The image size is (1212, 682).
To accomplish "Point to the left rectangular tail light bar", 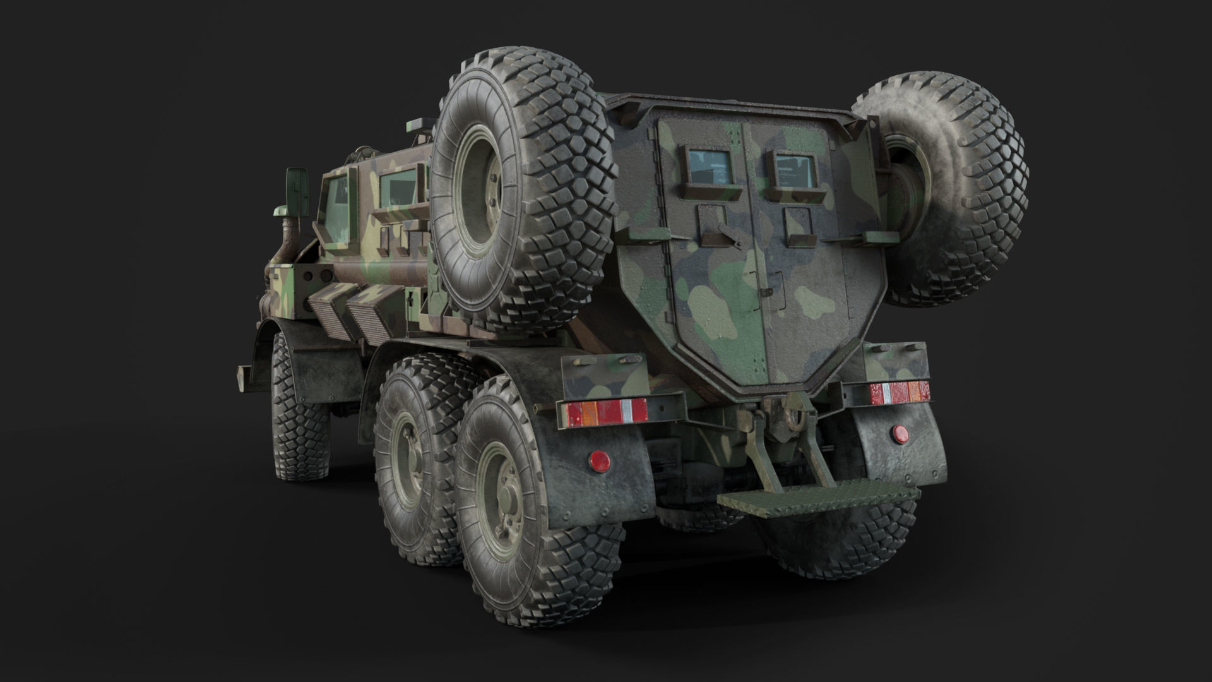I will pyautogui.click(x=603, y=412).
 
